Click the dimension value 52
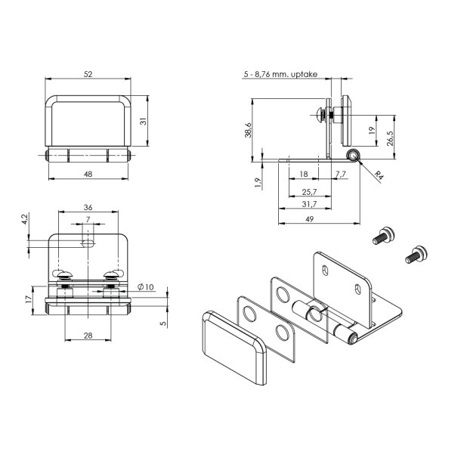(x=88, y=74)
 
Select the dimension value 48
(x=88, y=173)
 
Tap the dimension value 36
(x=88, y=207)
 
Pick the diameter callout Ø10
(x=146, y=286)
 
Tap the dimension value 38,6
(x=247, y=129)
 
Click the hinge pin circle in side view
(x=351, y=156)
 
